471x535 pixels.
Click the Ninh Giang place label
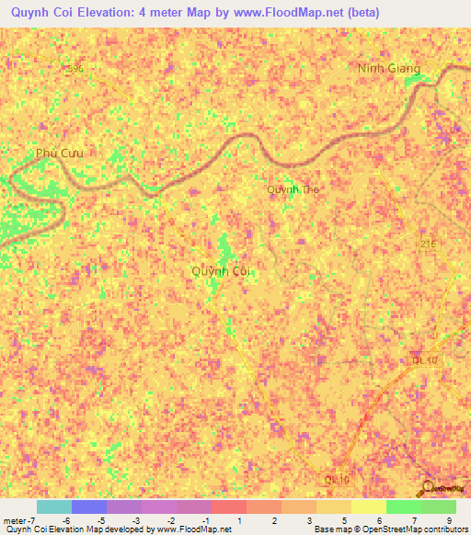389,68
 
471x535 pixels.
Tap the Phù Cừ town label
59,153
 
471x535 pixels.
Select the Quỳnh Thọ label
293,189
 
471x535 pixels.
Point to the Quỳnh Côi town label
221,271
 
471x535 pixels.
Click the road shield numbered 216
428,245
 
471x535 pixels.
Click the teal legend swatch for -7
53,507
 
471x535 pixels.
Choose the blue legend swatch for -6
88,507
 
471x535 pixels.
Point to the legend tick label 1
239,520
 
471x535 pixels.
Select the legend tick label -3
134,520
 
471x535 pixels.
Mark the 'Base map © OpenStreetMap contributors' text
389,530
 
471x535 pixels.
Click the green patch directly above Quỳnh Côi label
224,246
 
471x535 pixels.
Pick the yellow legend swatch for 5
333,507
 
